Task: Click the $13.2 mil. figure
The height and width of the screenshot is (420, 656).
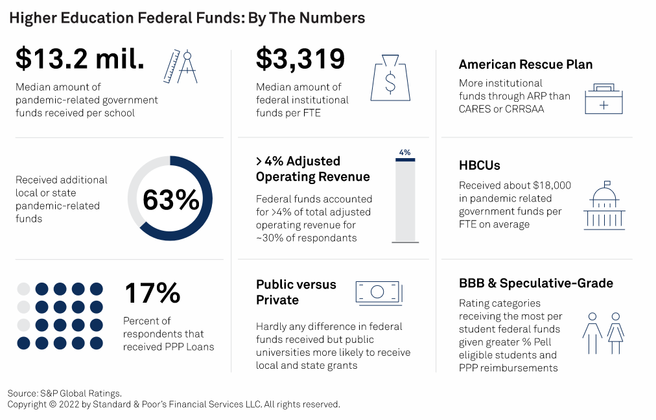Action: pos(80,60)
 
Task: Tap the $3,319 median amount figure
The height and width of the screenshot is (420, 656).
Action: pos(300,60)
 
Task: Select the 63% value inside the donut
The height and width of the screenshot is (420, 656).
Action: pos(170,200)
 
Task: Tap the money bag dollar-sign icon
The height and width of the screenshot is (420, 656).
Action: pos(390,78)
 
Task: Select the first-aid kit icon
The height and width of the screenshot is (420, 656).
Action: pos(603,99)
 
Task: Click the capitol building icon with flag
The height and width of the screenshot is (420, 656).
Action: pos(605,205)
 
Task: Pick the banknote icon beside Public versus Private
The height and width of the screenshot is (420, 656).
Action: pos(379,292)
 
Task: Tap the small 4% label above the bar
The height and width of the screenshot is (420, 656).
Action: pos(405,153)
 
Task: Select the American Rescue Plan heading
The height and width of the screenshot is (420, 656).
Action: pos(525,64)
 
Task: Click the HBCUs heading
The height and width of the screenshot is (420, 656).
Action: pos(480,166)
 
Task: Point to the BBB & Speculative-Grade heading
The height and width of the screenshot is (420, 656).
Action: pos(535,283)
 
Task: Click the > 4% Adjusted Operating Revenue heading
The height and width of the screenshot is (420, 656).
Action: pos(312,169)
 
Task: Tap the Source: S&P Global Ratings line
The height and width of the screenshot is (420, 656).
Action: pos(64,393)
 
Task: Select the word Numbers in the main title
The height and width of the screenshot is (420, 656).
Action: pos(332,18)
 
